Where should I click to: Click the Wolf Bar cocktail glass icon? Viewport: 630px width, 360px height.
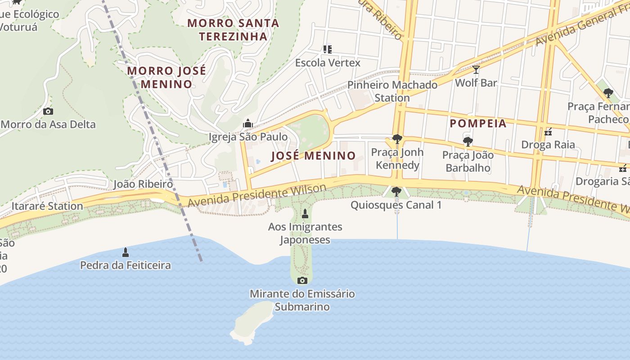pos(476,70)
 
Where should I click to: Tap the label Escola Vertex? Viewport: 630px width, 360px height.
pos(328,63)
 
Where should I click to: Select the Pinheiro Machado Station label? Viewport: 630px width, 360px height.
pos(392,91)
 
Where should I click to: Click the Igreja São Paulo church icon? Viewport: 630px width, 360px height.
pos(247,123)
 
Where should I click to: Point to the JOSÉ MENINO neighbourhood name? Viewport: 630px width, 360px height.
pos(313,156)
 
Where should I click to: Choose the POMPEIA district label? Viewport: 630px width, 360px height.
pos(478,123)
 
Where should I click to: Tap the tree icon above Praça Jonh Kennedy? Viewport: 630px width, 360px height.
pos(397,139)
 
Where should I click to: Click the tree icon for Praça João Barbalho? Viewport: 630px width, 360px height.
pos(468,142)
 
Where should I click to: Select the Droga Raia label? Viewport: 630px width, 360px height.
pos(548,144)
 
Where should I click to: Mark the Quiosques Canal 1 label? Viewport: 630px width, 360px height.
pos(396,205)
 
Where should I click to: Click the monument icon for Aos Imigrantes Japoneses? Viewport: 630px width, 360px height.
pos(305,214)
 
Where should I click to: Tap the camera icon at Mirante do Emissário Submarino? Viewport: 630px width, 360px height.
pos(302,281)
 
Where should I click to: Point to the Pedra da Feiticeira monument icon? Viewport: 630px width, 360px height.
pos(126,252)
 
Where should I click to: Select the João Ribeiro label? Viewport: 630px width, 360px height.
pos(143,184)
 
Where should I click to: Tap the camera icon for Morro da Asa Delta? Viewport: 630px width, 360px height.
pos(48,111)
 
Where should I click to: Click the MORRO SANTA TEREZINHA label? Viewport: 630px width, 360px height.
pos(233,30)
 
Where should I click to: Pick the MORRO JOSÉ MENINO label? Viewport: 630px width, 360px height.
pos(166,77)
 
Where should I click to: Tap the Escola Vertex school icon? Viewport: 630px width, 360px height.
pos(327,49)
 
